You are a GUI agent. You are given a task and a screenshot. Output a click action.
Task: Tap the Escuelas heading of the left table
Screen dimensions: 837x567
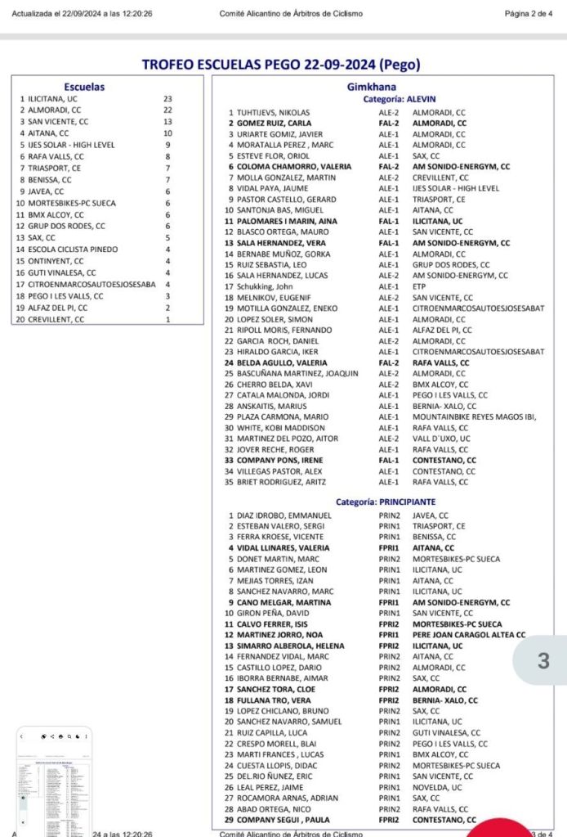84,87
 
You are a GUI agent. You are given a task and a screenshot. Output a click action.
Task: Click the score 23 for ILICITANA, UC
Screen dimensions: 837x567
167,98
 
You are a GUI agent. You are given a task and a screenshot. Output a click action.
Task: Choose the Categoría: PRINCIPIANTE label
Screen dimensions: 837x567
386,502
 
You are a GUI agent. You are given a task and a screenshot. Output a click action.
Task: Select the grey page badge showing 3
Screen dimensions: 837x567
542,661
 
